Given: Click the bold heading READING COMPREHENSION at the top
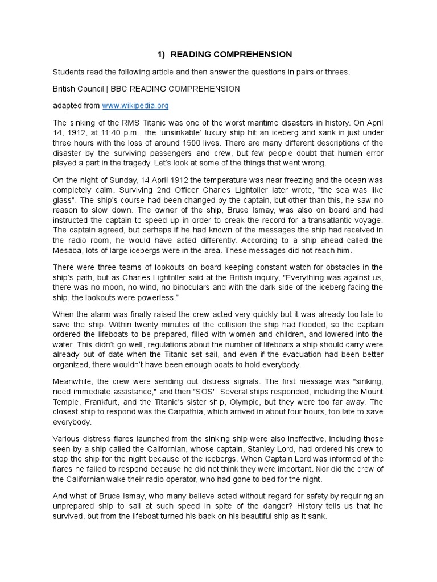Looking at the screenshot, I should coord(231,55).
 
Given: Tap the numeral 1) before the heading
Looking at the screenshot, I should coord(161,55).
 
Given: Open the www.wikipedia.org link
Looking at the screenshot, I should coord(135,106).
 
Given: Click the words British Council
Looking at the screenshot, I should coord(79,89).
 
